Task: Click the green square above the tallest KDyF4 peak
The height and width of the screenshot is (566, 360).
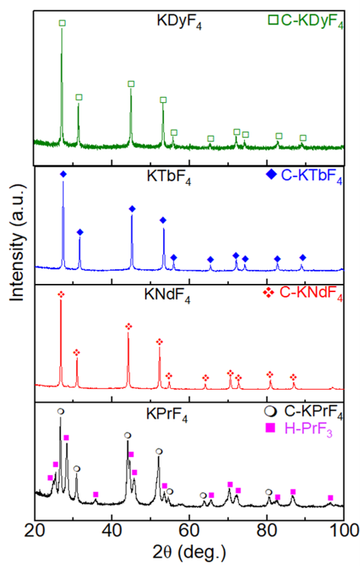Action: coord(62,24)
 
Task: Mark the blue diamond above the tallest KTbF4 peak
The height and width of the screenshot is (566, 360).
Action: coord(63,175)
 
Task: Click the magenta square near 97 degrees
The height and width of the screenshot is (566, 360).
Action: coord(330,497)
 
